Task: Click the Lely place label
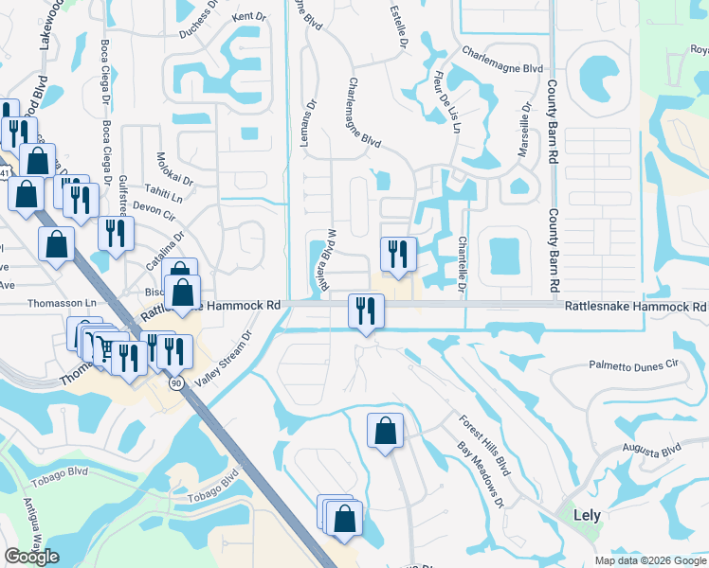point(588,516)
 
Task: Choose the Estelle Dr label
point(398,26)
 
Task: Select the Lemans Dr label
point(312,112)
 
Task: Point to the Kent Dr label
point(249,17)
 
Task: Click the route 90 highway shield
point(176,382)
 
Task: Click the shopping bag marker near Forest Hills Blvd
point(385,432)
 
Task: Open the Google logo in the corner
point(31,556)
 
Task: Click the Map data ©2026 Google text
point(649,560)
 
